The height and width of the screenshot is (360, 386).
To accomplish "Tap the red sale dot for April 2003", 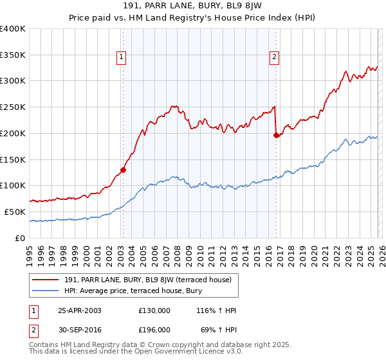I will [x=123, y=170].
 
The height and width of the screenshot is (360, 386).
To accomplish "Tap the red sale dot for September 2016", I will [x=276, y=135].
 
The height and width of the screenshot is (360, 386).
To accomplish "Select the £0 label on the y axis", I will [x=19, y=238].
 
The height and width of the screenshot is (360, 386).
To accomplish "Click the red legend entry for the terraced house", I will [x=151, y=280].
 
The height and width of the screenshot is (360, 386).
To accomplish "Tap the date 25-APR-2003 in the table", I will [x=80, y=310].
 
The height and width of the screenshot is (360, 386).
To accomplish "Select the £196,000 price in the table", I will [x=154, y=329].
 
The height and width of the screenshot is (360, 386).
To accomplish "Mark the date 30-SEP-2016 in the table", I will [x=80, y=329].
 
